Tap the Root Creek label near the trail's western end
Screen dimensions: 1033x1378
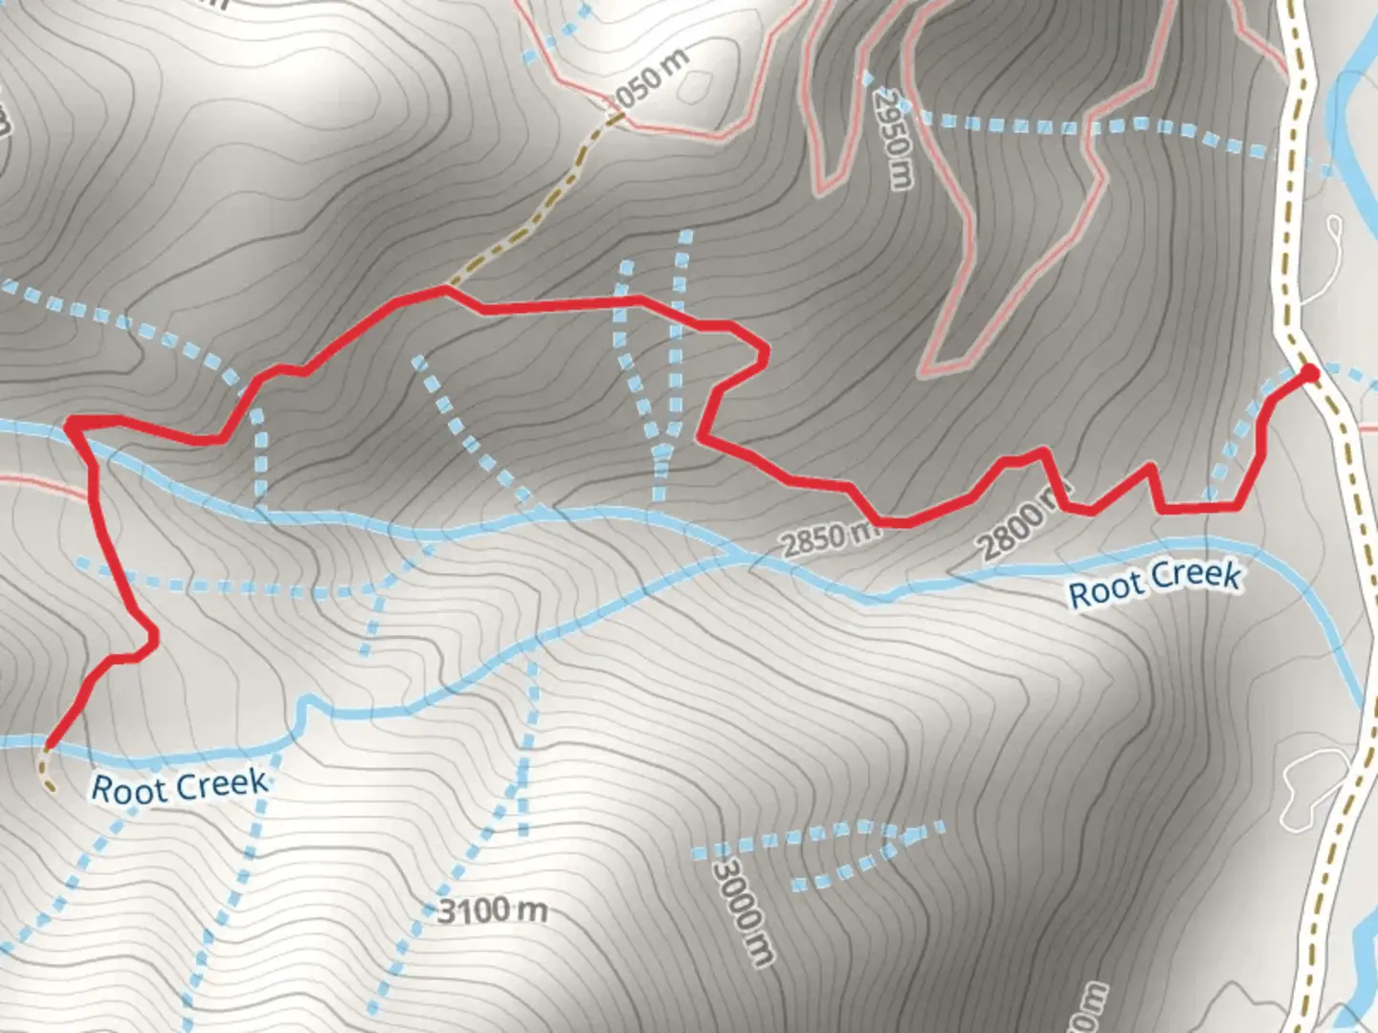[179, 786]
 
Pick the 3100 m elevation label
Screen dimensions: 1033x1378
[493, 911]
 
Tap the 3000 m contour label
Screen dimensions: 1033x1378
[744, 911]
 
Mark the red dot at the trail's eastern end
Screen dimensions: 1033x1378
[1308, 373]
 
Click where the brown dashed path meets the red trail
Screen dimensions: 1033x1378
[445, 287]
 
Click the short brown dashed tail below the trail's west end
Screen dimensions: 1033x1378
[45, 773]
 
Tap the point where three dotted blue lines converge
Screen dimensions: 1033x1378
[661, 450]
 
